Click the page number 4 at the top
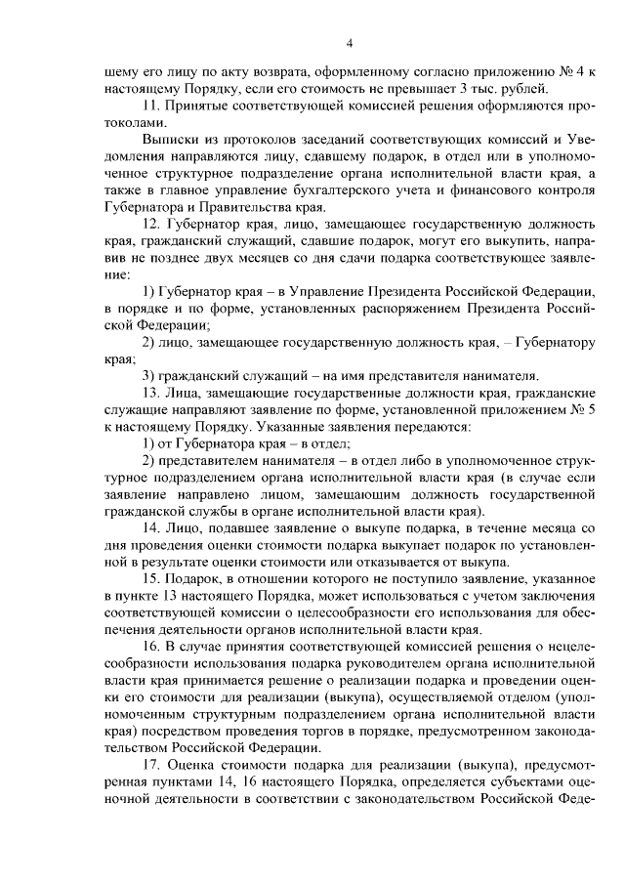click(x=350, y=43)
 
